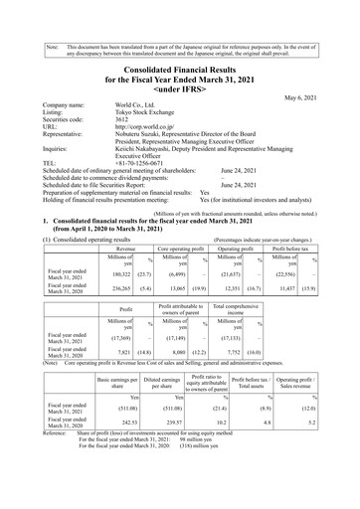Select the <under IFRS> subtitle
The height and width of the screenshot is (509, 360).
180,76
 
